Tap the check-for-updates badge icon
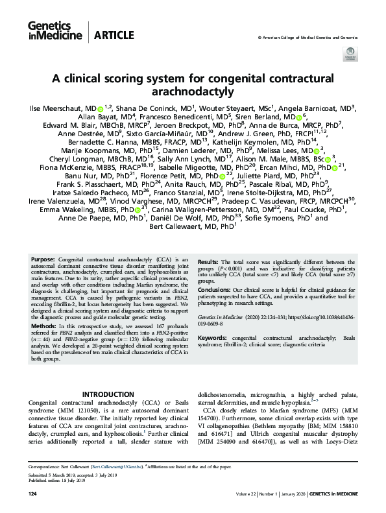tap(351, 53)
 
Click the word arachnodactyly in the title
tap(193, 91)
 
